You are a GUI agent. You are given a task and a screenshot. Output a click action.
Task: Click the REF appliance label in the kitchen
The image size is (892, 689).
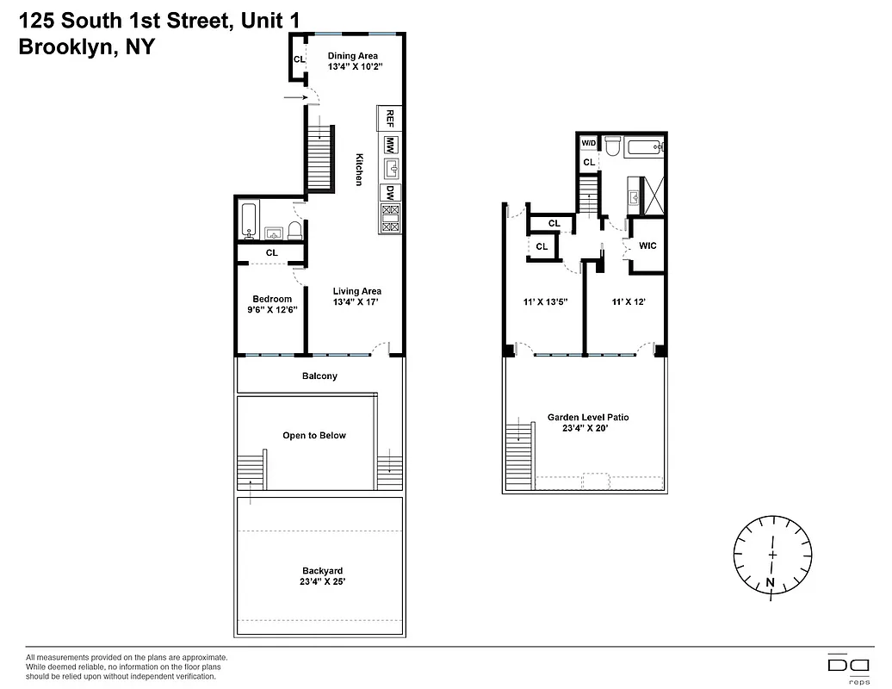tap(390, 116)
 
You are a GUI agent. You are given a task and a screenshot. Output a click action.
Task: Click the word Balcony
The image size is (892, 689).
tap(319, 376)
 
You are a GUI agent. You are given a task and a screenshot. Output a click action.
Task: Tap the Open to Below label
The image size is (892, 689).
tap(314, 435)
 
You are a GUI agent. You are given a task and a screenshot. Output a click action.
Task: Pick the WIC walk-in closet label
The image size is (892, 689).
tap(648, 245)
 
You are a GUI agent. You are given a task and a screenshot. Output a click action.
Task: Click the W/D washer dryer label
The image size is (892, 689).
tap(589, 143)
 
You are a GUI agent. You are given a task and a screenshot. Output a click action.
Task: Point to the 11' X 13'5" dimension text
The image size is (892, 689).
tap(545, 302)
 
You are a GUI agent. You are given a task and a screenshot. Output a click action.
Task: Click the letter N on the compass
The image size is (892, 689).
tap(770, 583)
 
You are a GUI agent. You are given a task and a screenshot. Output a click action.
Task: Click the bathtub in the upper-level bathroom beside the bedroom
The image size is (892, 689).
tap(249, 220)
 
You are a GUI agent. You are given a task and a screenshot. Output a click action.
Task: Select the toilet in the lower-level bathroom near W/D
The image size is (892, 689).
tap(613, 146)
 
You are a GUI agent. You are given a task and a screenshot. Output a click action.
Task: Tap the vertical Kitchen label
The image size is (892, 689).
tap(359, 170)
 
